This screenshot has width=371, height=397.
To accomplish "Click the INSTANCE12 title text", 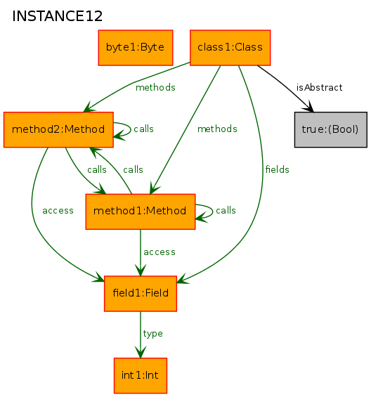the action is [57, 16].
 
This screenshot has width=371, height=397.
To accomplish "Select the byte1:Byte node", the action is [136, 48].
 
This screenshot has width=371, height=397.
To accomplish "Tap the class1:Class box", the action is [230, 48].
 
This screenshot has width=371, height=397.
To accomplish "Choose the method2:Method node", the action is [58, 129].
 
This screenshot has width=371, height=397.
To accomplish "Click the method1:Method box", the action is [141, 211].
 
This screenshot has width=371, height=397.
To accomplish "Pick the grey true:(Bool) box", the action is [331, 129].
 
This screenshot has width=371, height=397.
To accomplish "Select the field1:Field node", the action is [141, 294].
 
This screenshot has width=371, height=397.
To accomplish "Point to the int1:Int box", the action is [141, 375].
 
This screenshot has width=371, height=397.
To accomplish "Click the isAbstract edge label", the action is [319, 87].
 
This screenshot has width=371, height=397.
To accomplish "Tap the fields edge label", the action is [278, 169].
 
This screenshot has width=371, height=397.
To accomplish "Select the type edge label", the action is [152, 334].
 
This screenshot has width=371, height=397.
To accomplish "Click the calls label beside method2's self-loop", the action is [143, 129].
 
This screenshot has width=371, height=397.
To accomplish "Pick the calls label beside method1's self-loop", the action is [226, 210].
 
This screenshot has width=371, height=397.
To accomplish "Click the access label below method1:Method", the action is [160, 252].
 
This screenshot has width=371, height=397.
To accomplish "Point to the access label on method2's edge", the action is [58, 211].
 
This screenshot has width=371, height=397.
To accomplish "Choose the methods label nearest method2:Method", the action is [155, 87].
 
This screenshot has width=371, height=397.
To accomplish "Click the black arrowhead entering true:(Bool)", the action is [309, 107].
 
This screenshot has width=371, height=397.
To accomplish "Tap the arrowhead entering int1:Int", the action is [141, 352].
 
